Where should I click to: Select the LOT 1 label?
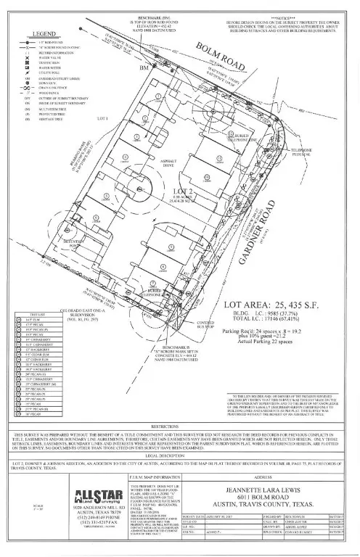(101, 117)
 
